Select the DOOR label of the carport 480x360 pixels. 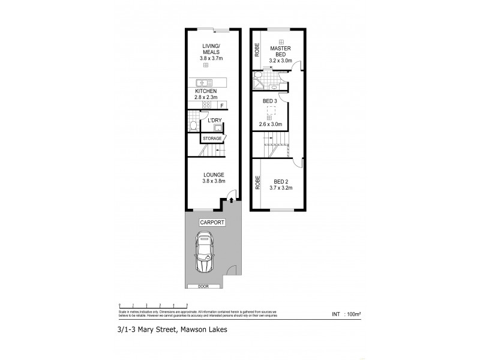[204, 286]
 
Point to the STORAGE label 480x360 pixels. [212, 139]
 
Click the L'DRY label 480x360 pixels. [215, 120]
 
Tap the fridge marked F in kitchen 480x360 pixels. [222, 106]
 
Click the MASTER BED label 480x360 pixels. [281, 51]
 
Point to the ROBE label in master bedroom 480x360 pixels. [257, 48]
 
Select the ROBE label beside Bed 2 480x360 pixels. [257, 182]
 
